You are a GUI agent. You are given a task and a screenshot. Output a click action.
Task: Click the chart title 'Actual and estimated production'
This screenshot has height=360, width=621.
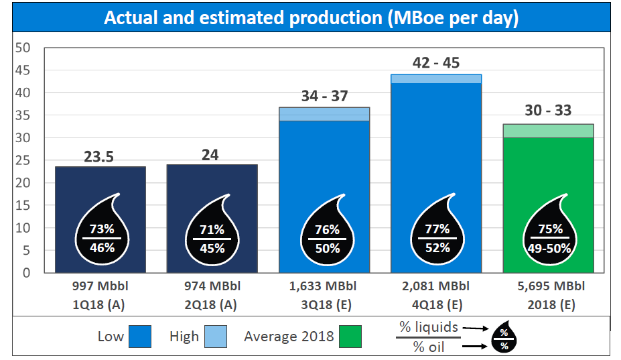[x=311, y=18]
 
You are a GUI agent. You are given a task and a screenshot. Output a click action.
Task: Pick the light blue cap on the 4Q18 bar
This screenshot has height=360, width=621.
[x=436, y=78]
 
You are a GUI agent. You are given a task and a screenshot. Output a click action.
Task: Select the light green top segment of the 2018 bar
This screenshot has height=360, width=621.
[x=549, y=131]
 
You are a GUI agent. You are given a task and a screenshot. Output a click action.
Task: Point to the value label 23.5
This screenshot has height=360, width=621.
[x=99, y=157]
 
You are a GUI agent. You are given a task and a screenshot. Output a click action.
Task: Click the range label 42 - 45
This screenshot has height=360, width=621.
[x=436, y=63]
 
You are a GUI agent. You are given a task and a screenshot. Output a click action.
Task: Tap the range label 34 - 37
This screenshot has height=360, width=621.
[x=324, y=96]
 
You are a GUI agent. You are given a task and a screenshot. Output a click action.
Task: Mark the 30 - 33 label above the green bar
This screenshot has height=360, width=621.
[x=549, y=111]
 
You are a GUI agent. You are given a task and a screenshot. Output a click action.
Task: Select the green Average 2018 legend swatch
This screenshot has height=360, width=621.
[x=350, y=336]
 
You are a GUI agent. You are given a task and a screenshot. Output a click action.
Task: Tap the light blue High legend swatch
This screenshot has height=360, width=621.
[x=216, y=336]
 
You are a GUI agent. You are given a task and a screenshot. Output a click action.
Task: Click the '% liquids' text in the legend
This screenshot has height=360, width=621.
[x=429, y=327]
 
